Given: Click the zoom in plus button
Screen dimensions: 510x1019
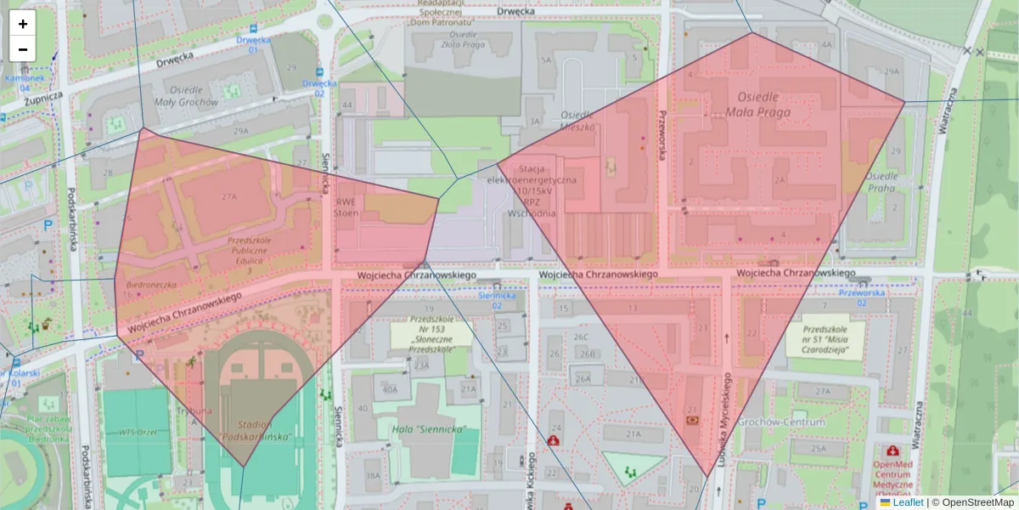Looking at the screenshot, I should click(23, 24).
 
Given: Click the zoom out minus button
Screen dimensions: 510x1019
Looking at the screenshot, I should click(23, 49).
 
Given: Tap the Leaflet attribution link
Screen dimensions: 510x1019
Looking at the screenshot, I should click(907, 502).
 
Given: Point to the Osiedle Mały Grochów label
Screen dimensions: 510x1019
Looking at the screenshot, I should click(186, 96).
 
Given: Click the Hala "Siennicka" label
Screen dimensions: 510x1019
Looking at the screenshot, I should click(430, 429).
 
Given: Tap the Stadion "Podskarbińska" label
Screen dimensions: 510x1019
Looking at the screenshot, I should click(255, 431).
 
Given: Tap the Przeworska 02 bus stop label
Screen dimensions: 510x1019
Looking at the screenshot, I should click(862, 297).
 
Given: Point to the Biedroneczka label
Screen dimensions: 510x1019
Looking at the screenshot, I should click(150, 285).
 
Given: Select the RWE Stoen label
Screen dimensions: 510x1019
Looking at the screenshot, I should click(346, 208).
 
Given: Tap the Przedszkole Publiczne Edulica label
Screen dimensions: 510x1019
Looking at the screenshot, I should click(248, 251).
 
